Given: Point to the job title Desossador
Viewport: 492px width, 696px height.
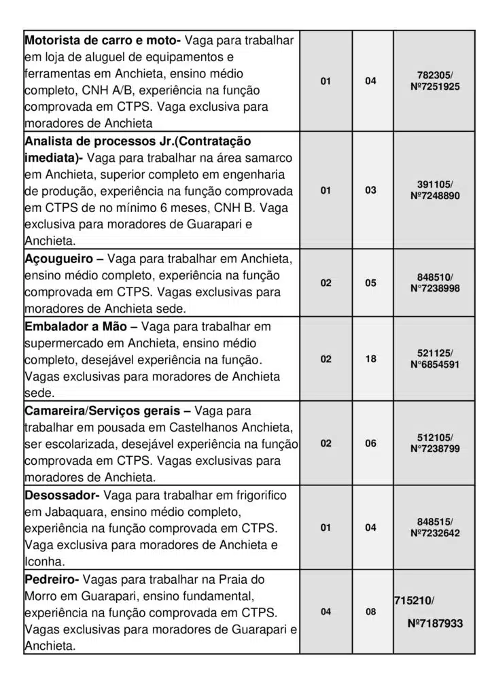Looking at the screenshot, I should (61, 495).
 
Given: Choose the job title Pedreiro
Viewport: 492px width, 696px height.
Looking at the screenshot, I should (51, 580).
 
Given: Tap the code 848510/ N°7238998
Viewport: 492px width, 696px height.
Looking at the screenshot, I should (435, 283).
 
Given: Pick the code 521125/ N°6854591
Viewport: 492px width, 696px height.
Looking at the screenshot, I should (435, 358).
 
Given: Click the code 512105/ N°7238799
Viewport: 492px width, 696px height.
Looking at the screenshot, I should (435, 443).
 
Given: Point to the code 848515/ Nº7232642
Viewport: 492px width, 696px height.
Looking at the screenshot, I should (435, 527).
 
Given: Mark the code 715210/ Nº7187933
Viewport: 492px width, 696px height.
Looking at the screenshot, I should (428, 612).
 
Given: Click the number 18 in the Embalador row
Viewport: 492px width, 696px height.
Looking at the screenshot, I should (370, 359).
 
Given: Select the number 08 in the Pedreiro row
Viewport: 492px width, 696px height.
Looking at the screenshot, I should (370, 612).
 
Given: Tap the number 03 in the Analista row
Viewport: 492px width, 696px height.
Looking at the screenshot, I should (370, 190).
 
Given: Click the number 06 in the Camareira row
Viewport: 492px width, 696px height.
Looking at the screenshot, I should (370, 443).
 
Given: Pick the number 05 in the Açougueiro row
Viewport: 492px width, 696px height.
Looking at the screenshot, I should (370, 283).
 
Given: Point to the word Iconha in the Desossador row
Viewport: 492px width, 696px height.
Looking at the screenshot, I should (44, 561).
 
